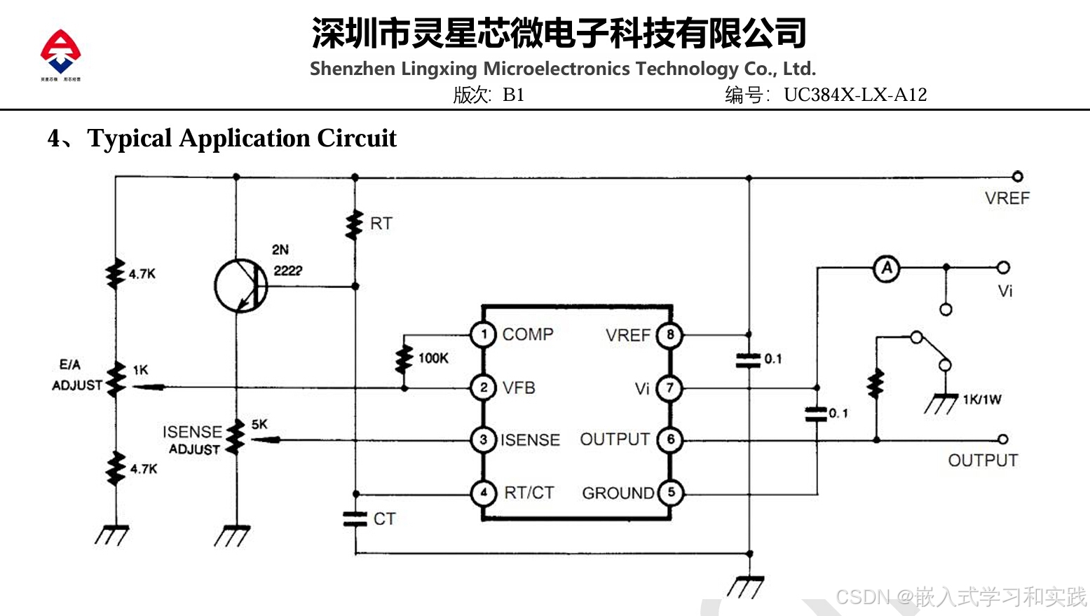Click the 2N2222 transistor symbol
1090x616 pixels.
240,286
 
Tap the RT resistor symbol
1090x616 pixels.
355,224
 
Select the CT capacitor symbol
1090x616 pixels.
355,519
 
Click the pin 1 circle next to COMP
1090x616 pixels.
483,334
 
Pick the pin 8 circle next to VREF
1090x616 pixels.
669,335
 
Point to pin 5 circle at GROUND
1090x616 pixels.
670,493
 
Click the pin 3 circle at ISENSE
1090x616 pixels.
483,440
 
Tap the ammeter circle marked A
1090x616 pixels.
887,268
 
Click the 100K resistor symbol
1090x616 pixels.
404,359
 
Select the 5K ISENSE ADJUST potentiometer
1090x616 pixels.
237,438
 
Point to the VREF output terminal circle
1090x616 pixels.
1017,177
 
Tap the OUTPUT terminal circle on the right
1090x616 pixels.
1002,439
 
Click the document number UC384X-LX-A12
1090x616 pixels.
854,95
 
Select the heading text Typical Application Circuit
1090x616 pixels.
241,138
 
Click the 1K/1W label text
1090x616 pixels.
981,399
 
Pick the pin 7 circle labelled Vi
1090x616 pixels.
669,388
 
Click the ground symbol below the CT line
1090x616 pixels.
747,585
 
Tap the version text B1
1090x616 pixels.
513,95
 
